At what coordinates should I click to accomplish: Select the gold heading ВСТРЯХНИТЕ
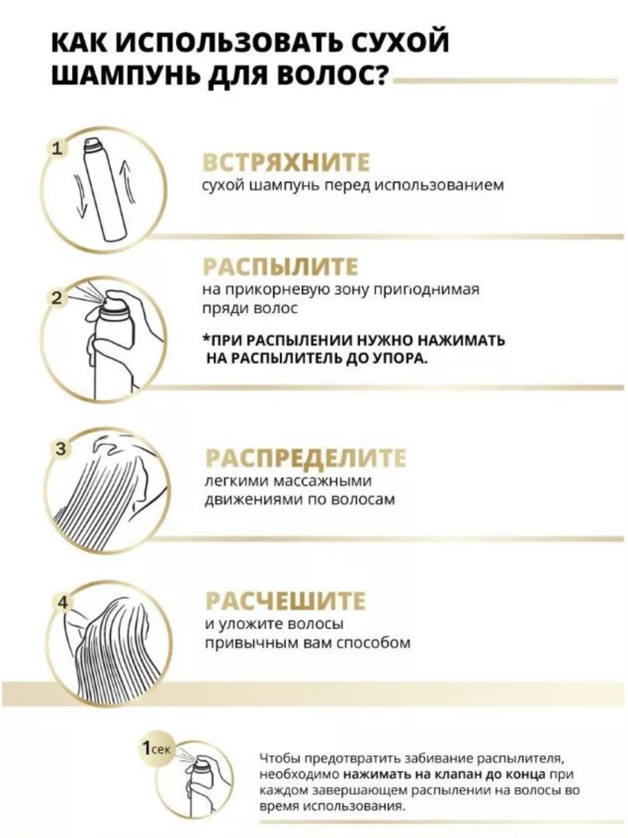[286, 162]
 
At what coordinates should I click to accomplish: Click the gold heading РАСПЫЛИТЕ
[281, 267]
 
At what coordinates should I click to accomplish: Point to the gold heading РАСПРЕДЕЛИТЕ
[306, 457]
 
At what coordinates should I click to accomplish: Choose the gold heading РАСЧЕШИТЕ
[285, 601]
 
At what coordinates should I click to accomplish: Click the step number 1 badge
[57, 149]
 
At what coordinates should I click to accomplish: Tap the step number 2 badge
[57, 298]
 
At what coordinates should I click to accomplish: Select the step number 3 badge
[61, 449]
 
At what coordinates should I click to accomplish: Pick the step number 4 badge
[63, 603]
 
